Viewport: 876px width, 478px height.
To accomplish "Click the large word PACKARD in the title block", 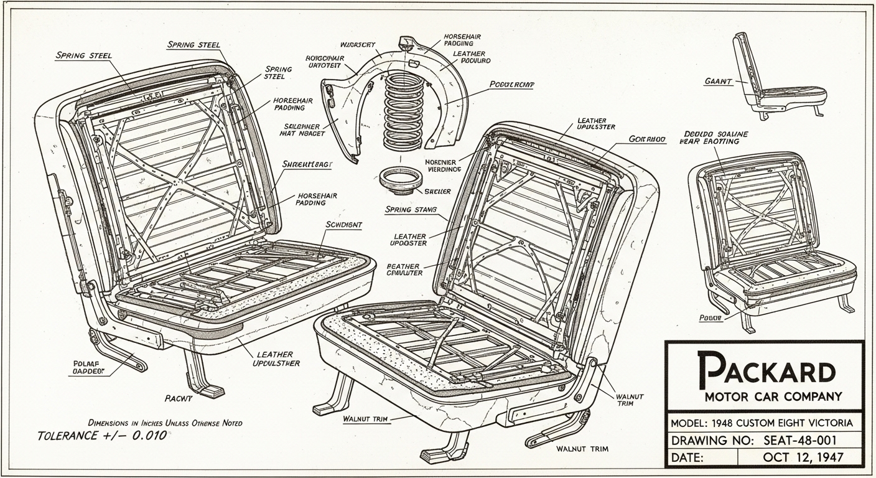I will point(766,369).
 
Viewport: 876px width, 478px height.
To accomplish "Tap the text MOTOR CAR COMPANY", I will point(773,396).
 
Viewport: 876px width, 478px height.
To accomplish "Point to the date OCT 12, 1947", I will point(803,457).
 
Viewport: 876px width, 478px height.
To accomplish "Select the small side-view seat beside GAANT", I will point(778,78).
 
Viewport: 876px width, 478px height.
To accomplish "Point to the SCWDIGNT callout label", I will point(344,224).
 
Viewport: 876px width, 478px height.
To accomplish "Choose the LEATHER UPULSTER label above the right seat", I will point(596,123).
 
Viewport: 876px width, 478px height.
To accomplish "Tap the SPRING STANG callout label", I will point(411,210).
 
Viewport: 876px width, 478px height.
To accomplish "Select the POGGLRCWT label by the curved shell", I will point(513,84).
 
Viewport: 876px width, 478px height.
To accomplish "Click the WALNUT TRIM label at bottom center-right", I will point(582,449).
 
